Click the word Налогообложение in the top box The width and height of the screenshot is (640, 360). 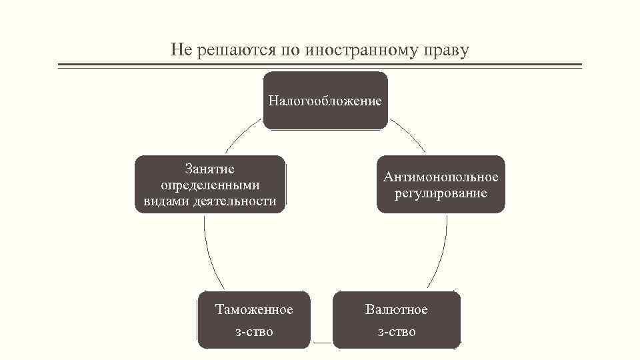point(325,101)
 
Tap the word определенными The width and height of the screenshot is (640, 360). point(210,185)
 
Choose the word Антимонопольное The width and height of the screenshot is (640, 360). point(441,177)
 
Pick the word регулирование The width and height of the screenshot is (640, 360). point(441,193)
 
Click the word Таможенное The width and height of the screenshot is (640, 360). point(254,310)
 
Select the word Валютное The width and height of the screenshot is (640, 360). point(397,310)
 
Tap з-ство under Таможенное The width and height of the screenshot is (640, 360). point(254,331)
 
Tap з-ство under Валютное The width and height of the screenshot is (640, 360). point(397,331)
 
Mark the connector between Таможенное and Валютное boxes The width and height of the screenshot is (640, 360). point(321,343)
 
